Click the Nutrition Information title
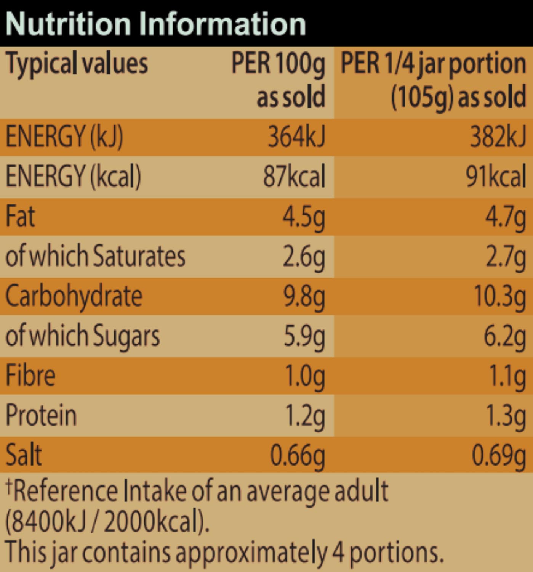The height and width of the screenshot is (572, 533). click(155, 24)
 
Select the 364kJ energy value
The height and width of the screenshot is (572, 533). click(296, 137)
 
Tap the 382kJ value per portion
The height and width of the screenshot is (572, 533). click(498, 137)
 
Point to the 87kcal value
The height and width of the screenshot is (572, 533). click(294, 176)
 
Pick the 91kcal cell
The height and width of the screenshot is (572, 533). click(496, 176)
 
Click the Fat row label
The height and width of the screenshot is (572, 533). click(20, 216)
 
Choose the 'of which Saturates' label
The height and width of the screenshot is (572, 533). click(95, 256)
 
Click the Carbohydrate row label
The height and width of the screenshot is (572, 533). click(74, 297)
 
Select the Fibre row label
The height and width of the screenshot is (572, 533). click(30, 376)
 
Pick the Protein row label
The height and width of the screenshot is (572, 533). click(41, 415)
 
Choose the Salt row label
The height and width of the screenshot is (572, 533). click(24, 455)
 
